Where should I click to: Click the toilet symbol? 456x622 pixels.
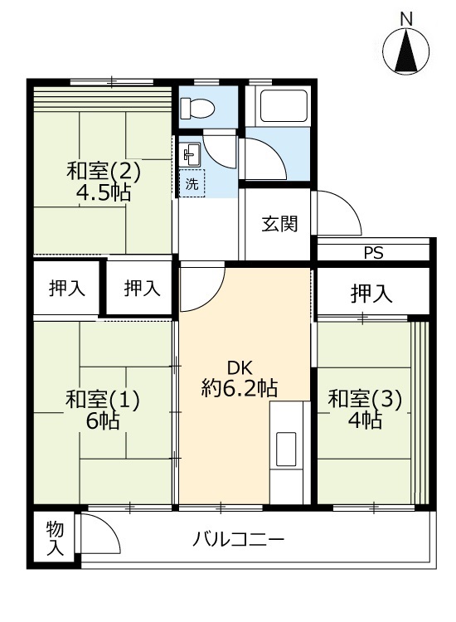click(197, 108)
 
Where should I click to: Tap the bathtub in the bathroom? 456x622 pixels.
click(283, 106)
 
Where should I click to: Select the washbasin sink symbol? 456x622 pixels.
click(191, 155)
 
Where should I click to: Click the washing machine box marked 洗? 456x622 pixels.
click(192, 183)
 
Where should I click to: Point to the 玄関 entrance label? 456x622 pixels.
click(279, 225)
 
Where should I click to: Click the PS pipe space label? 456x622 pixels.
click(374, 253)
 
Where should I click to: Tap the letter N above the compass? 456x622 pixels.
click(406, 19)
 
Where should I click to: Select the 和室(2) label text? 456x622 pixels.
click(104, 173)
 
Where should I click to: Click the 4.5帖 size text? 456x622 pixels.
click(103, 193)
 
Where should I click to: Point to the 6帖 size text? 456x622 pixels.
click(103, 420)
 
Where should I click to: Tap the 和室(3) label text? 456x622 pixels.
click(365, 399)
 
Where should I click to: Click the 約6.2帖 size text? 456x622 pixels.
click(239, 388)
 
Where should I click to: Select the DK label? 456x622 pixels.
click(240, 368)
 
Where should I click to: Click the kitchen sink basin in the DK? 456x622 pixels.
click(286, 449)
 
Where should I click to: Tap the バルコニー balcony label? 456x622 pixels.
click(238, 540)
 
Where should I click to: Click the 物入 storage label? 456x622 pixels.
click(55, 538)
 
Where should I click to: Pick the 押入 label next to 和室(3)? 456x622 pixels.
click(371, 294)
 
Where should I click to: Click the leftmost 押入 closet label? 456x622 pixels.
click(66, 289)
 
